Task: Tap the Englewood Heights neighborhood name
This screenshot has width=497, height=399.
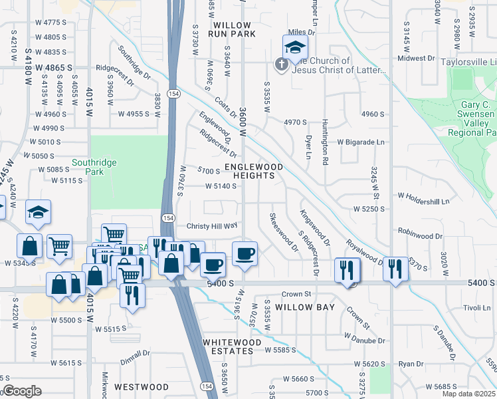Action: (x=254, y=171)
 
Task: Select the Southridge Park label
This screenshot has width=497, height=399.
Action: (x=94, y=166)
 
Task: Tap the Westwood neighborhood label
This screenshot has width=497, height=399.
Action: (x=141, y=386)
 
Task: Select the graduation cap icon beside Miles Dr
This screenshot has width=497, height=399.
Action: (x=295, y=47)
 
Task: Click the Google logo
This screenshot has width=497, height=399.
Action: (x=22, y=391)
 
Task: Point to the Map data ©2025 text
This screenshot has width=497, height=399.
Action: (x=468, y=394)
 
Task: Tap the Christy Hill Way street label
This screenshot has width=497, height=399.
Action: (x=211, y=226)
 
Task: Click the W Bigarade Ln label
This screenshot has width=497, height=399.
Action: (x=360, y=142)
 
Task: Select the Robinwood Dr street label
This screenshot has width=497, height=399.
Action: (x=420, y=235)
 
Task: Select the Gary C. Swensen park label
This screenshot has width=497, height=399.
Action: (x=468, y=114)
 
